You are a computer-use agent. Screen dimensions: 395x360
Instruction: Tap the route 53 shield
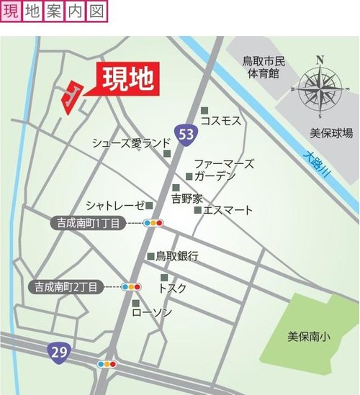coord(185,134)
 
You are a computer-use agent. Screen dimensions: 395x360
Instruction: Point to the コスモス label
coord(220,121)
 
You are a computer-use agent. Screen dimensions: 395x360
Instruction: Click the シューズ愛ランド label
coord(130,143)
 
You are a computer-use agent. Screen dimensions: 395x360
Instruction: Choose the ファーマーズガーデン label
coord(223,170)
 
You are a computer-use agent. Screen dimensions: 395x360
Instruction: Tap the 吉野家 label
coord(186,196)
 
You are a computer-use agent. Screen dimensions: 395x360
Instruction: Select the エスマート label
coord(228,210)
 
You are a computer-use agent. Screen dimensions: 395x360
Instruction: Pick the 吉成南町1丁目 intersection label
coord(90,223)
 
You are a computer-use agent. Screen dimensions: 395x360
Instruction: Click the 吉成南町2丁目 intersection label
coord(69,286)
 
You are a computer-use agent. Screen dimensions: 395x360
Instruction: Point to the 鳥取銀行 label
coord(176,255)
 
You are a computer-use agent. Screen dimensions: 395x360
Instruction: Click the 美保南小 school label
coord(309,336)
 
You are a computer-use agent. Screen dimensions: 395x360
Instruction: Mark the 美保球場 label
coord(331,133)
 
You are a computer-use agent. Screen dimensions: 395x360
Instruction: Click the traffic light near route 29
coord(107,365)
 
